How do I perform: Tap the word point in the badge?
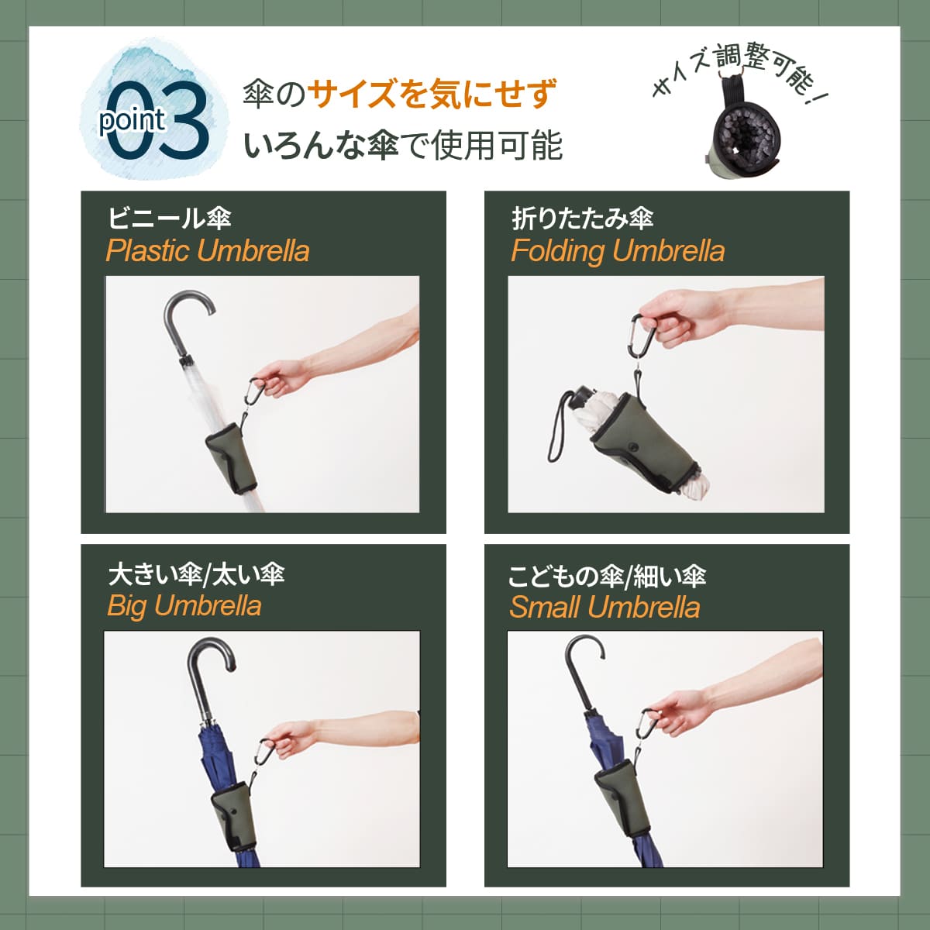point(132,120)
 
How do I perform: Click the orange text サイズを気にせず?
point(432,95)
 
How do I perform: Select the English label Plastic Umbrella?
point(208,251)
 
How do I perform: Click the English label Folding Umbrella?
point(618,251)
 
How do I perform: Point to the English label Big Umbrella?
point(184,605)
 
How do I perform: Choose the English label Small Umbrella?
point(604,607)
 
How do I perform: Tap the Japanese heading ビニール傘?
point(169,218)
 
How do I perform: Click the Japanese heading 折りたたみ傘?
point(583,219)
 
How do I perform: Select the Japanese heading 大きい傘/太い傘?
point(196,574)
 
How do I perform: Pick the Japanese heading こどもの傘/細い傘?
point(607,576)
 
